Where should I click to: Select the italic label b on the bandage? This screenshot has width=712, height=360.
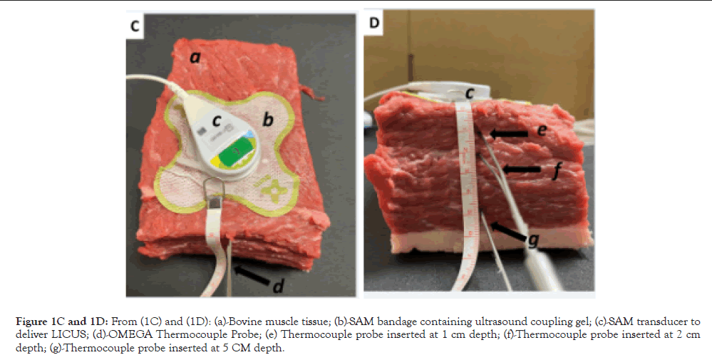pyautogui.click(x=267, y=120)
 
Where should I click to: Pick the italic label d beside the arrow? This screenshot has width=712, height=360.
pyautogui.click(x=279, y=287)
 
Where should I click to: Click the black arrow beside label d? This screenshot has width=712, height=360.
pyautogui.click(x=250, y=274)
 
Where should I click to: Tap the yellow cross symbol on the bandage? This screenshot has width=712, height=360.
pyautogui.click(x=275, y=188)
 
